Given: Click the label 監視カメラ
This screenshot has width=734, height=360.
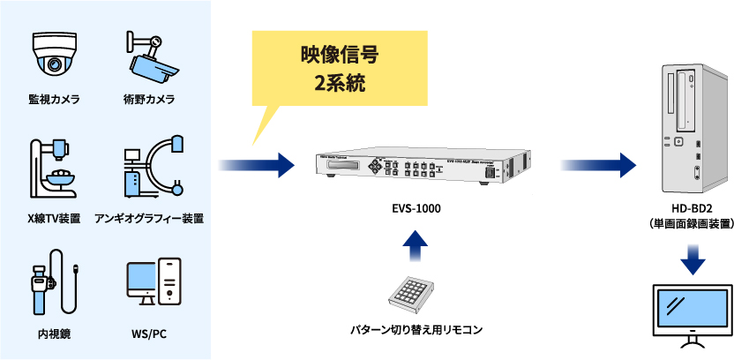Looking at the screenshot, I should point(54,100).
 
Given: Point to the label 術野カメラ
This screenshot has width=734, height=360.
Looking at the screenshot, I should point(149,100).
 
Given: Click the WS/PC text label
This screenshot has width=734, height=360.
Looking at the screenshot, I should point(149,334).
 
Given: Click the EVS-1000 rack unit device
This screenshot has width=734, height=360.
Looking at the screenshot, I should point(424,167).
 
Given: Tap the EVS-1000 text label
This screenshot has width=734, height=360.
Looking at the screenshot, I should point(416,208).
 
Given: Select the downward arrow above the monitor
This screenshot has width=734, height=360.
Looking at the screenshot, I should point(692,259).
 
